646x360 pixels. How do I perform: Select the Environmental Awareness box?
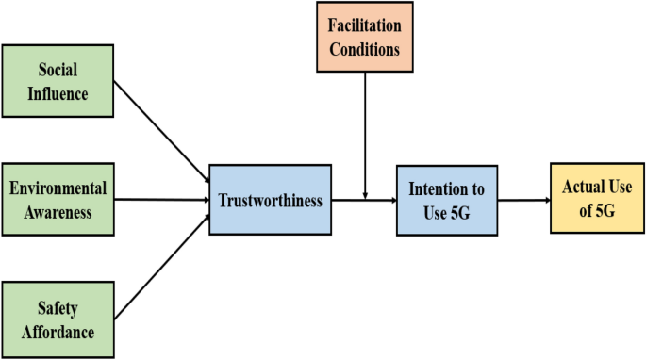click(x=58, y=200)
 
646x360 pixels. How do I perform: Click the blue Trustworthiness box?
click(x=270, y=200)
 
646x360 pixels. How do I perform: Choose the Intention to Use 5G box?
click(x=446, y=200)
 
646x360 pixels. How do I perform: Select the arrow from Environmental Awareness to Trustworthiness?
click(x=160, y=200)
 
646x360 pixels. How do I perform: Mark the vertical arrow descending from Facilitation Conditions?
click(x=365, y=132)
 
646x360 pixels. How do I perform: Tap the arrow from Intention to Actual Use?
click(x=523, y=200)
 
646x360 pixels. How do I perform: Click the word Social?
click(x=58, y=69)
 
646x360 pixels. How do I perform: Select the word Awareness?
click(x=58, y=212)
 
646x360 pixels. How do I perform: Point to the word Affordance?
click(x=58, y=332)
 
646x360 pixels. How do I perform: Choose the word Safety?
click(x=58, y=309)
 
